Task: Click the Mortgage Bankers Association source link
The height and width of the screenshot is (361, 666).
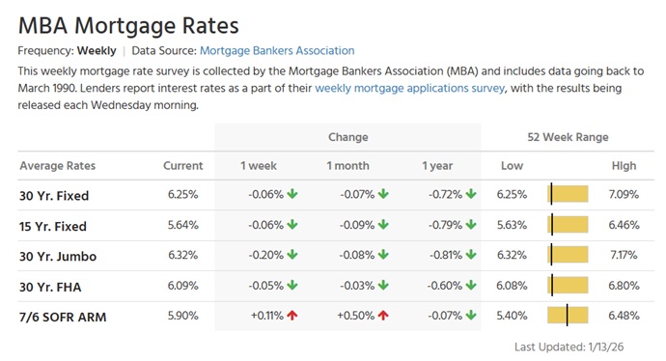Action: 277,50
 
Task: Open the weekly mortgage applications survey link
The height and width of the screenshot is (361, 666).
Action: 410,88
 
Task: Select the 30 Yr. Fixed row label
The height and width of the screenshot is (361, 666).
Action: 54,196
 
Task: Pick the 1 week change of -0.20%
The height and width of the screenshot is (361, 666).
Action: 265,256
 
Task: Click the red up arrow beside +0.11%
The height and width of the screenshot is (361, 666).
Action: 291,315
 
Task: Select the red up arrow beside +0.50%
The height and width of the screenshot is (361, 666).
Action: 383,315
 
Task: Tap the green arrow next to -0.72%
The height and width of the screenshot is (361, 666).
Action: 471,195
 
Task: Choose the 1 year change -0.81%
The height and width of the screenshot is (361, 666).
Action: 445,256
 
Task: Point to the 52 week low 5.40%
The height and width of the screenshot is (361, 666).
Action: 512,316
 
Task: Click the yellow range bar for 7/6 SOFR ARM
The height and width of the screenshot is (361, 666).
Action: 568,316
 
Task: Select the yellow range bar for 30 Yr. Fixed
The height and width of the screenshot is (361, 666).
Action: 568,195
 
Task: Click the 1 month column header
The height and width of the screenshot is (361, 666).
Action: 347,166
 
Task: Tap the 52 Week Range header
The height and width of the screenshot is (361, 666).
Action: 568,137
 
